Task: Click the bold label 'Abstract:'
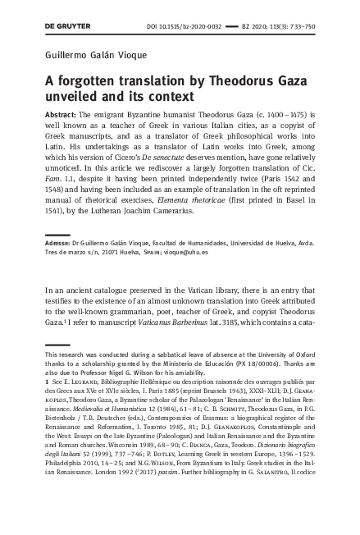(x=62, y=117)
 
